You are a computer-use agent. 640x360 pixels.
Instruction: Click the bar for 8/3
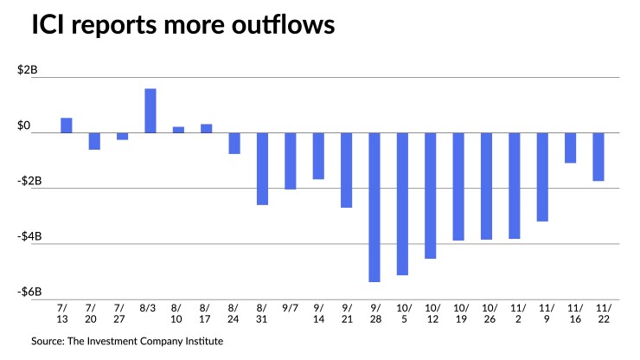tap(150, 111)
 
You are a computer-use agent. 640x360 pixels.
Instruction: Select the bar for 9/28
tap(374, 207)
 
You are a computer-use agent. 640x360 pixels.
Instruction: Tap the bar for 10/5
tap(403, 203)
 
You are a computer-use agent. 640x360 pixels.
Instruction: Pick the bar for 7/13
tap(67, 125)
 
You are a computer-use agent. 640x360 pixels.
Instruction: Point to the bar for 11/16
tap(571, 148)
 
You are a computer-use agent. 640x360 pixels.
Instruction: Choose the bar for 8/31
tap(263, 169)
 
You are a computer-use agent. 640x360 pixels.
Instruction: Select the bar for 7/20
tap(94, 141)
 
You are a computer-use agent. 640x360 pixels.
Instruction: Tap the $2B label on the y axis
tap(28, 71)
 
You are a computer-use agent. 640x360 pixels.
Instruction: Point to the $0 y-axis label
tap(31, 126)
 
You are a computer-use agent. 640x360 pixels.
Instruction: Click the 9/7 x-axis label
tap(291, 307)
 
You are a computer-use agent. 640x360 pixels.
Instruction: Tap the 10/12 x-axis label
tap(431, 312)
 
